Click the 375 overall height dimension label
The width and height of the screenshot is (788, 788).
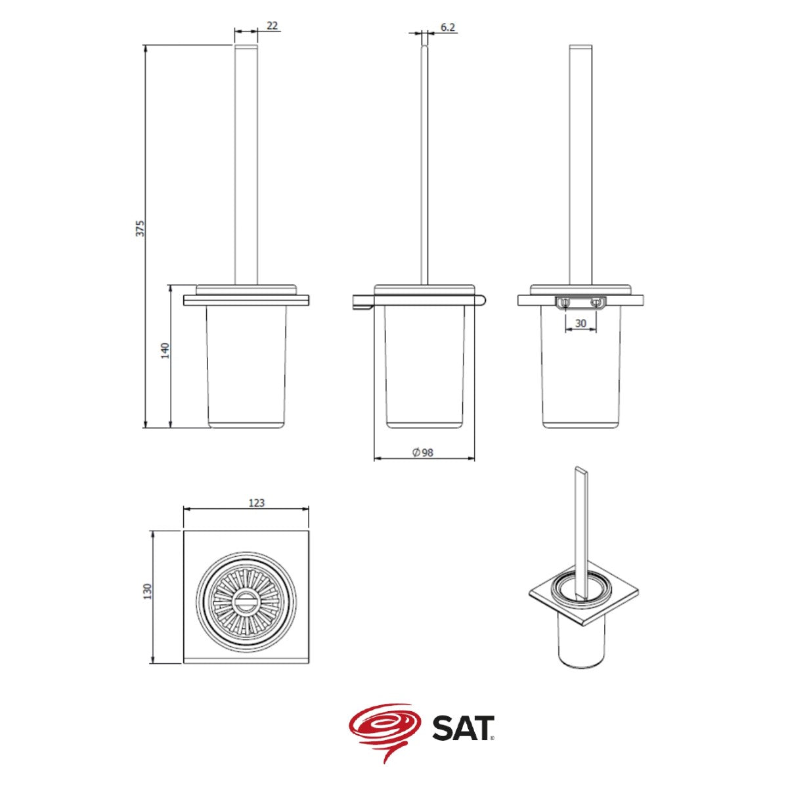pos(141,228)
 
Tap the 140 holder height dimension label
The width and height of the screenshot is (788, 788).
pos(165,351)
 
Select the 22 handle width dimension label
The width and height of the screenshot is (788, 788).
pos(272,26)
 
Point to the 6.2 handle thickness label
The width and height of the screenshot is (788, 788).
pos(448,27)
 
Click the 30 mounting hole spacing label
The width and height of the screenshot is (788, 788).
pos(580,324)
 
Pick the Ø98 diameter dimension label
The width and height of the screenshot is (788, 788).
pos(423,452)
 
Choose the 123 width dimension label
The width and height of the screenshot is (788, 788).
pos(256,502)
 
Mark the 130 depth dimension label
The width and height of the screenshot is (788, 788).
pos(148,591)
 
